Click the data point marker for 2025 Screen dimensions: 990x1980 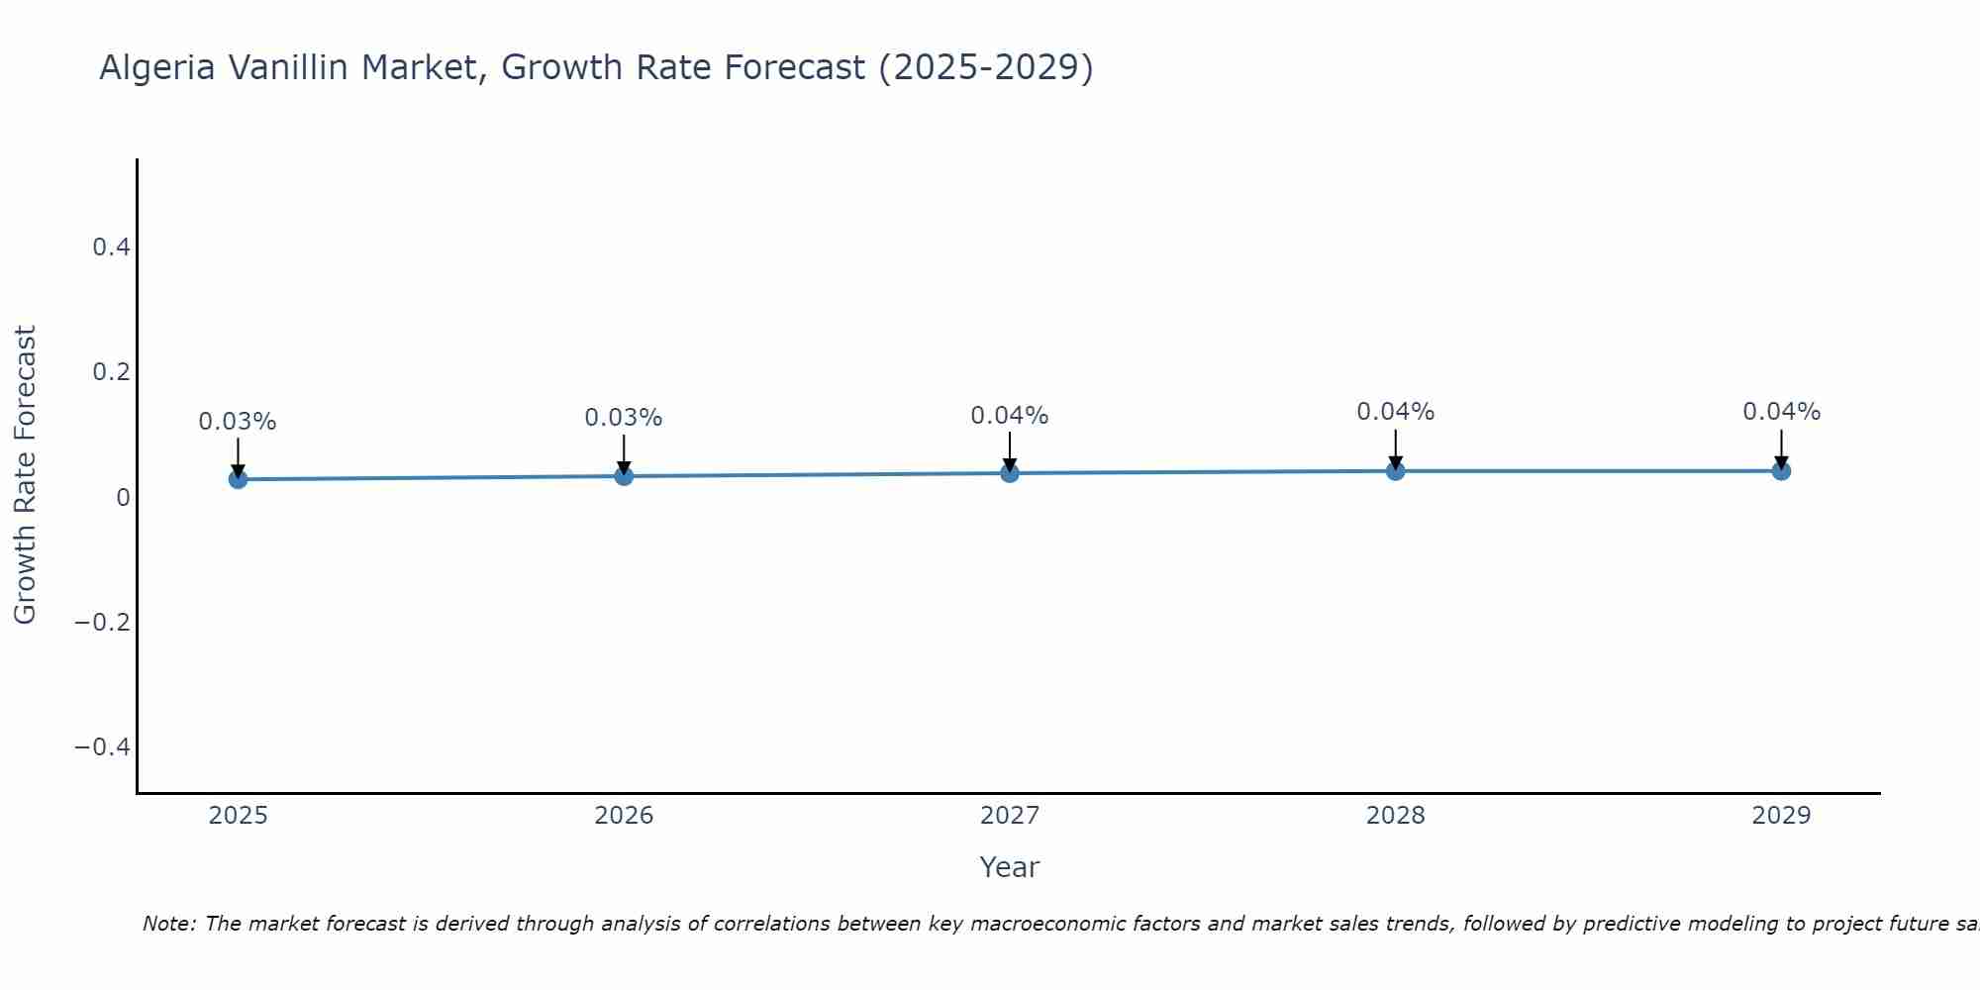coord(238,479)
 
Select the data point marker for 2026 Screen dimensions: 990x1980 coord(624,476)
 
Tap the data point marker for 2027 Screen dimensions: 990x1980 coord(1010,473)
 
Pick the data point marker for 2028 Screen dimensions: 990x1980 coord(1395,471)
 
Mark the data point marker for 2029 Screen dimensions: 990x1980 coord(1781,471)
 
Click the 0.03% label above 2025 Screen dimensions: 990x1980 coord(238,422)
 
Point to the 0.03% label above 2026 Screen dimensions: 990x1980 coord(624,418)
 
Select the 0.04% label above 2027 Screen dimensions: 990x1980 coord(1010,416)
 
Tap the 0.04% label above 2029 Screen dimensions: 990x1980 coord(1781,412)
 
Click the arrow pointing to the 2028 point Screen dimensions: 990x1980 coord(1395,449)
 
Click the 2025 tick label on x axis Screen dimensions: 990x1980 coord(238,816)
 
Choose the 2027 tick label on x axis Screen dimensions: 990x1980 coord(1010,816)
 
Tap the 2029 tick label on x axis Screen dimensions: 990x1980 coord(1781,816)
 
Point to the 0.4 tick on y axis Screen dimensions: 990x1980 coord(112,247)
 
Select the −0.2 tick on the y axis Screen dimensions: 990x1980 coord(103,622)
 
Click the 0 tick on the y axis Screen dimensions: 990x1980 coord(123,497)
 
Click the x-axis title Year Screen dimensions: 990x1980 coord(1010,867)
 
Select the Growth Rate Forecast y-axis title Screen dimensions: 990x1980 coord(25,475)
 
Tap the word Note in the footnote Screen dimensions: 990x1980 coord(168,924)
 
